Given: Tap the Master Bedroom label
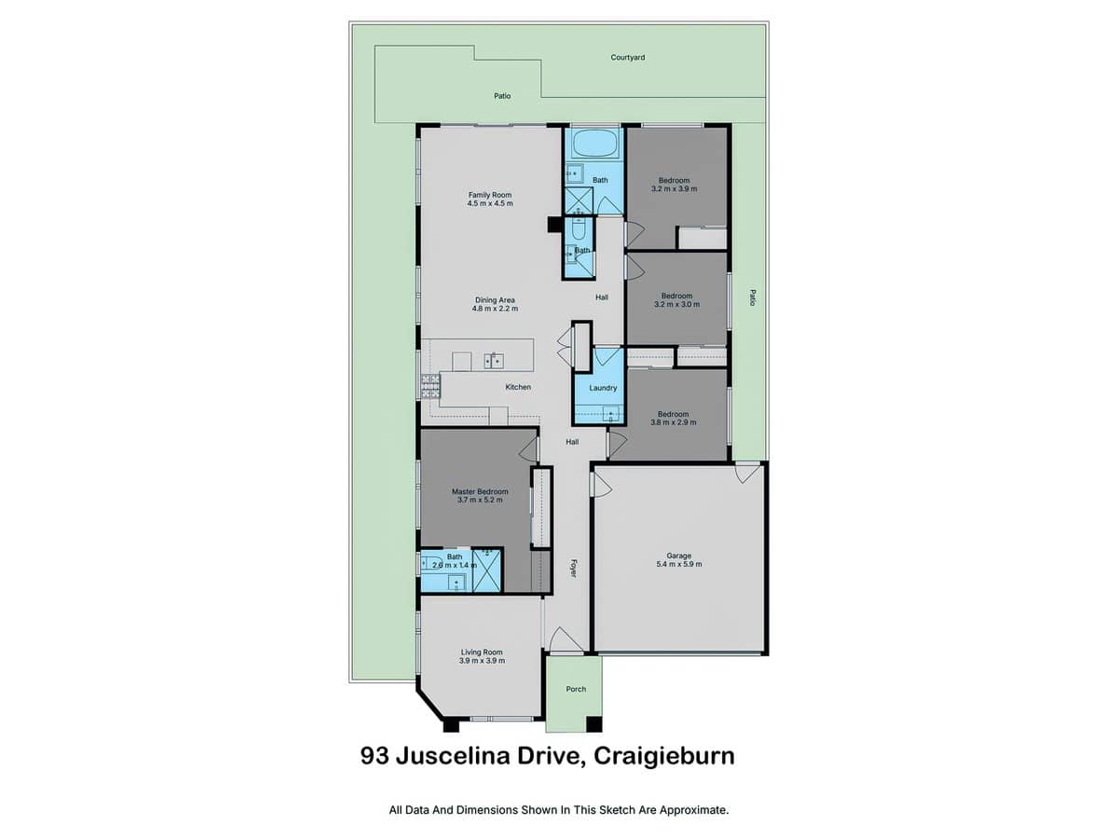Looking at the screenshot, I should pyautogui.click(x=480, y=491).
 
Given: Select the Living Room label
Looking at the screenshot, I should pyautogui.click(x=482, y=653).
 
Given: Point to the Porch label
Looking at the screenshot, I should pyautogui.click(x=576, y=689).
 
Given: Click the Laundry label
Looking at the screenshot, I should pyautogui.click(x=603, y=388).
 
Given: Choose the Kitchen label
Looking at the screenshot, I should pyautogui.click(x=518, y=387).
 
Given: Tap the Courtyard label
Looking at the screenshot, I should pyautogui.click(x=628, y=58).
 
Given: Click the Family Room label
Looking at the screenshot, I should pyautogui.click(x=490, y=195).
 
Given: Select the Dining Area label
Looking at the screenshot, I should pyautogui.click(x=495, y=299).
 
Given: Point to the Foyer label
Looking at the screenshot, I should pyautogui.click(x=574, y=567).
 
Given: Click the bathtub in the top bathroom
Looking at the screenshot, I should pyautogui.click(x=593, y=144).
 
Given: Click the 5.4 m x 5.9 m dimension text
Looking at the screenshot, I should pyautogui.click(x=679, y=564).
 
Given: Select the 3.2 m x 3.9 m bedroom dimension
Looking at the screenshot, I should pyautogui.click(x=674, y=188).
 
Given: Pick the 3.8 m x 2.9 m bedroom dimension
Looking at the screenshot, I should pyautogui.click(x=674, y=422).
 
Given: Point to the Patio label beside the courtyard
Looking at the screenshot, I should pyautogui.click(x=502, y=96).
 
